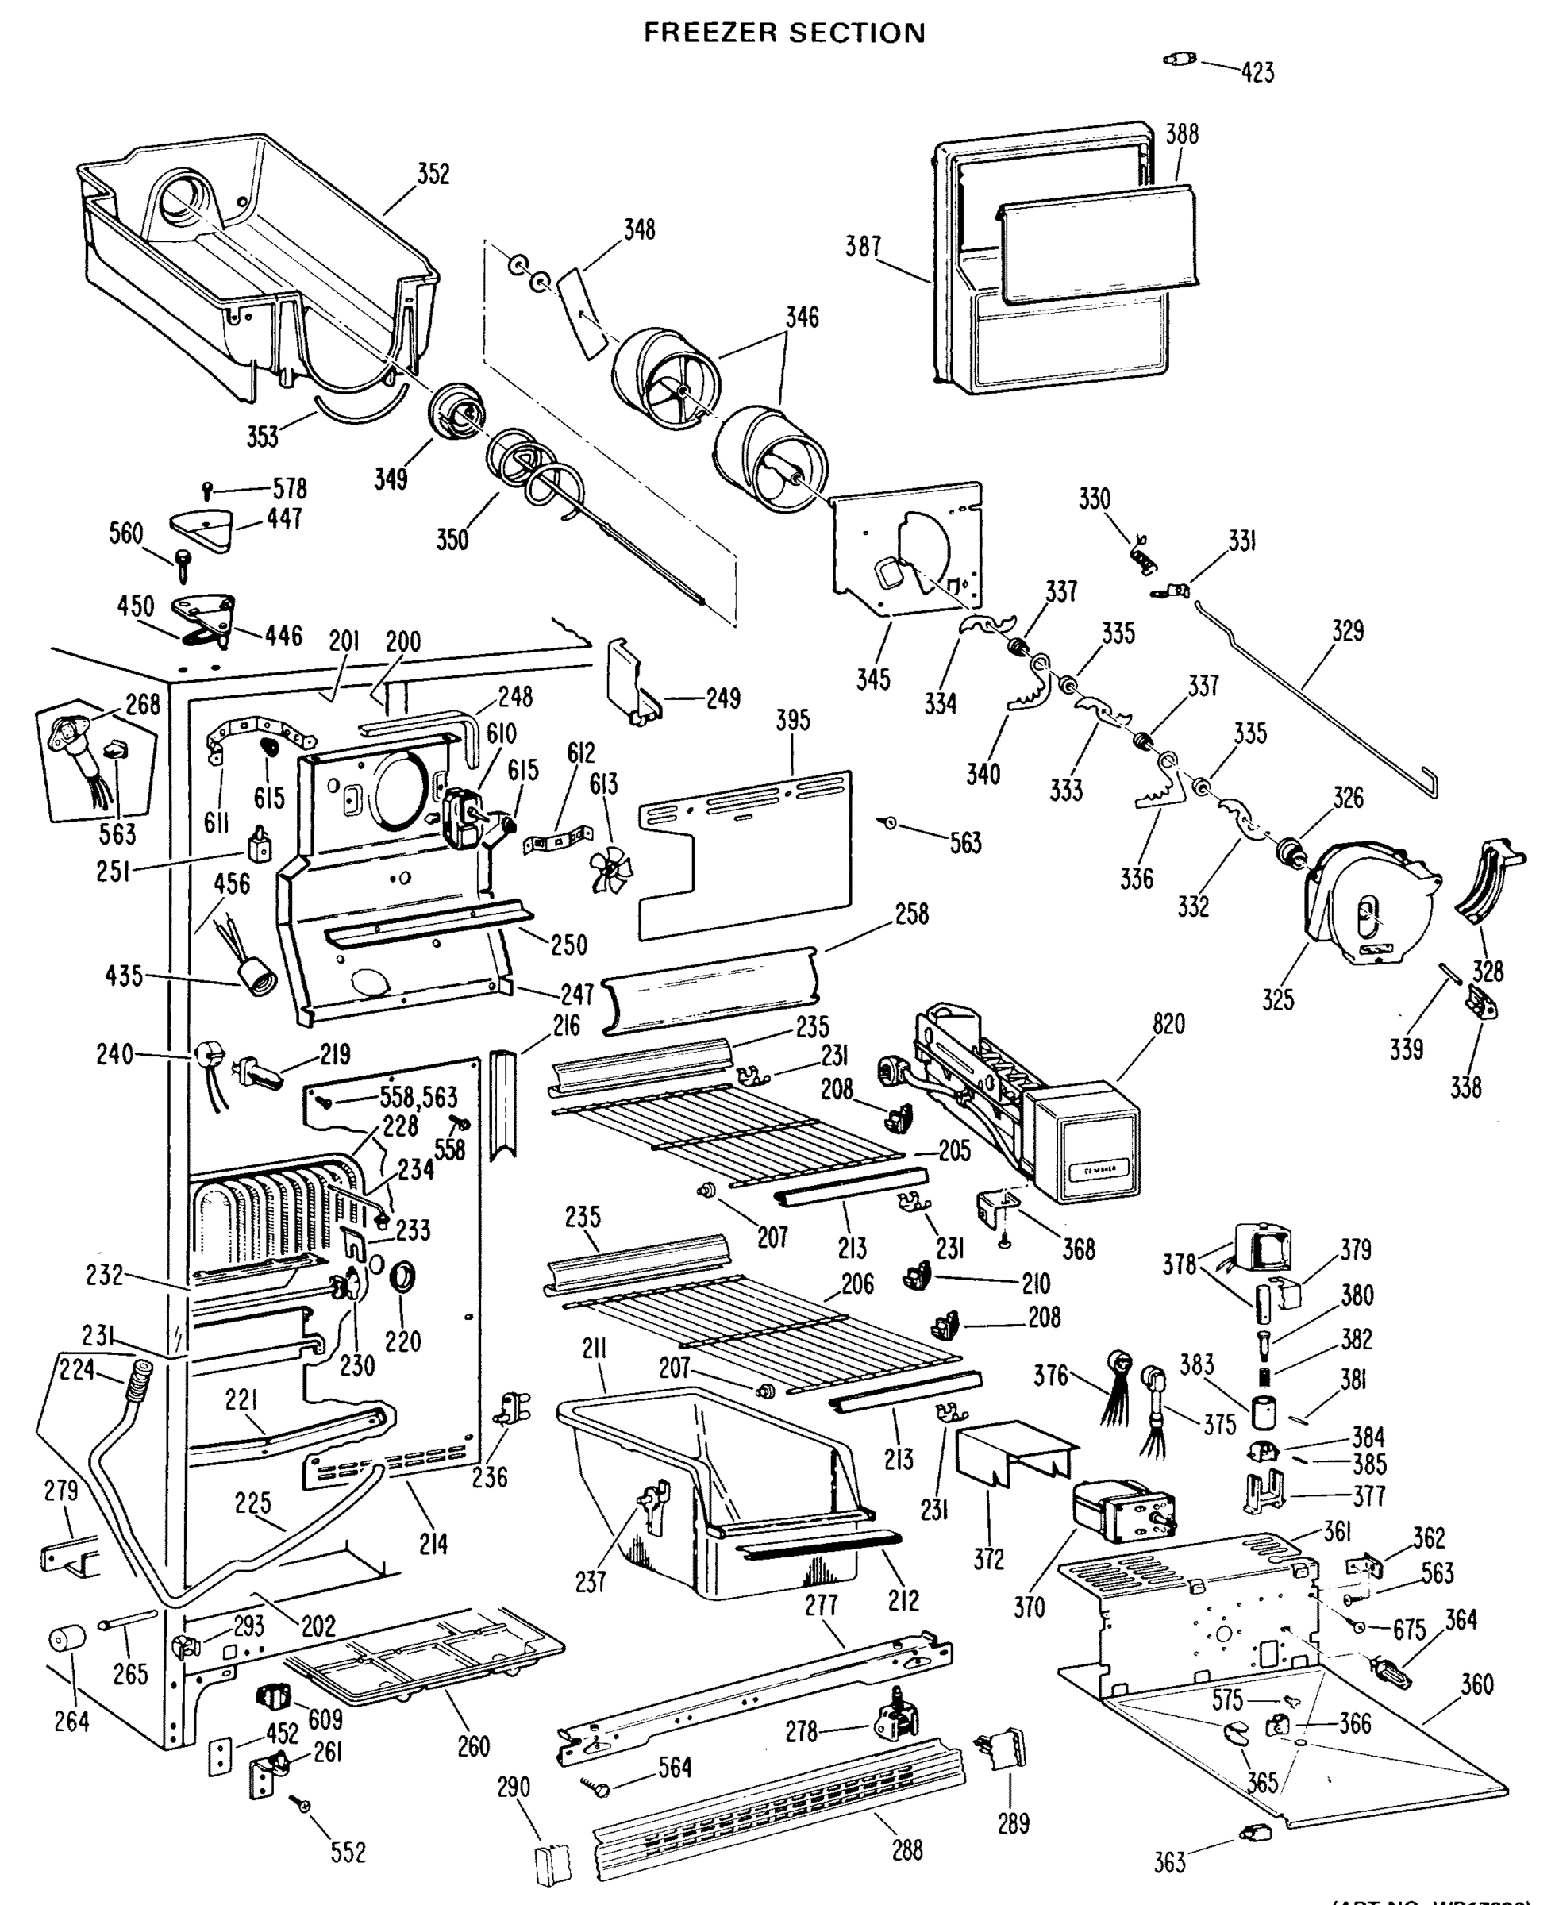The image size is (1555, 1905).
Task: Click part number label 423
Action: pyautogui.click(x=1257, y=72)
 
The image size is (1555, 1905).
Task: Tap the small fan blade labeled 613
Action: pyautogui.click(x=611, y=868)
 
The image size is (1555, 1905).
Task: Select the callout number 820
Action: pyautogui.click(x=1168, y=1024)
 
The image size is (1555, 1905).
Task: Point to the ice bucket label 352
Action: pyautogui.click(x=433, y=174)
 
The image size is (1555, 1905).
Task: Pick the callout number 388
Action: pyautogui.click(x=1181, y=134)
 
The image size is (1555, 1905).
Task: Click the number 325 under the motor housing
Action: pyautogui.click(x=1277, y=999)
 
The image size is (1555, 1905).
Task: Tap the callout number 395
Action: pyautogui.click(x=793, y=720)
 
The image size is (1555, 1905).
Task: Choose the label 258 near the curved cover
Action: pyautogui.click(x=911, y=914)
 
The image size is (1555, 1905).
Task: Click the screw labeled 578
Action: pyautogui.click(x=208, y=491)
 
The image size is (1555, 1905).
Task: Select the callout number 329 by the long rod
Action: pyautogui.click(x=1347, y=630)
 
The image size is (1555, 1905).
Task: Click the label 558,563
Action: pyautogui.click(x=418, y=1097)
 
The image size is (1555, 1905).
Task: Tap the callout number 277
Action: pyautogui.click(x=821, y=1605)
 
